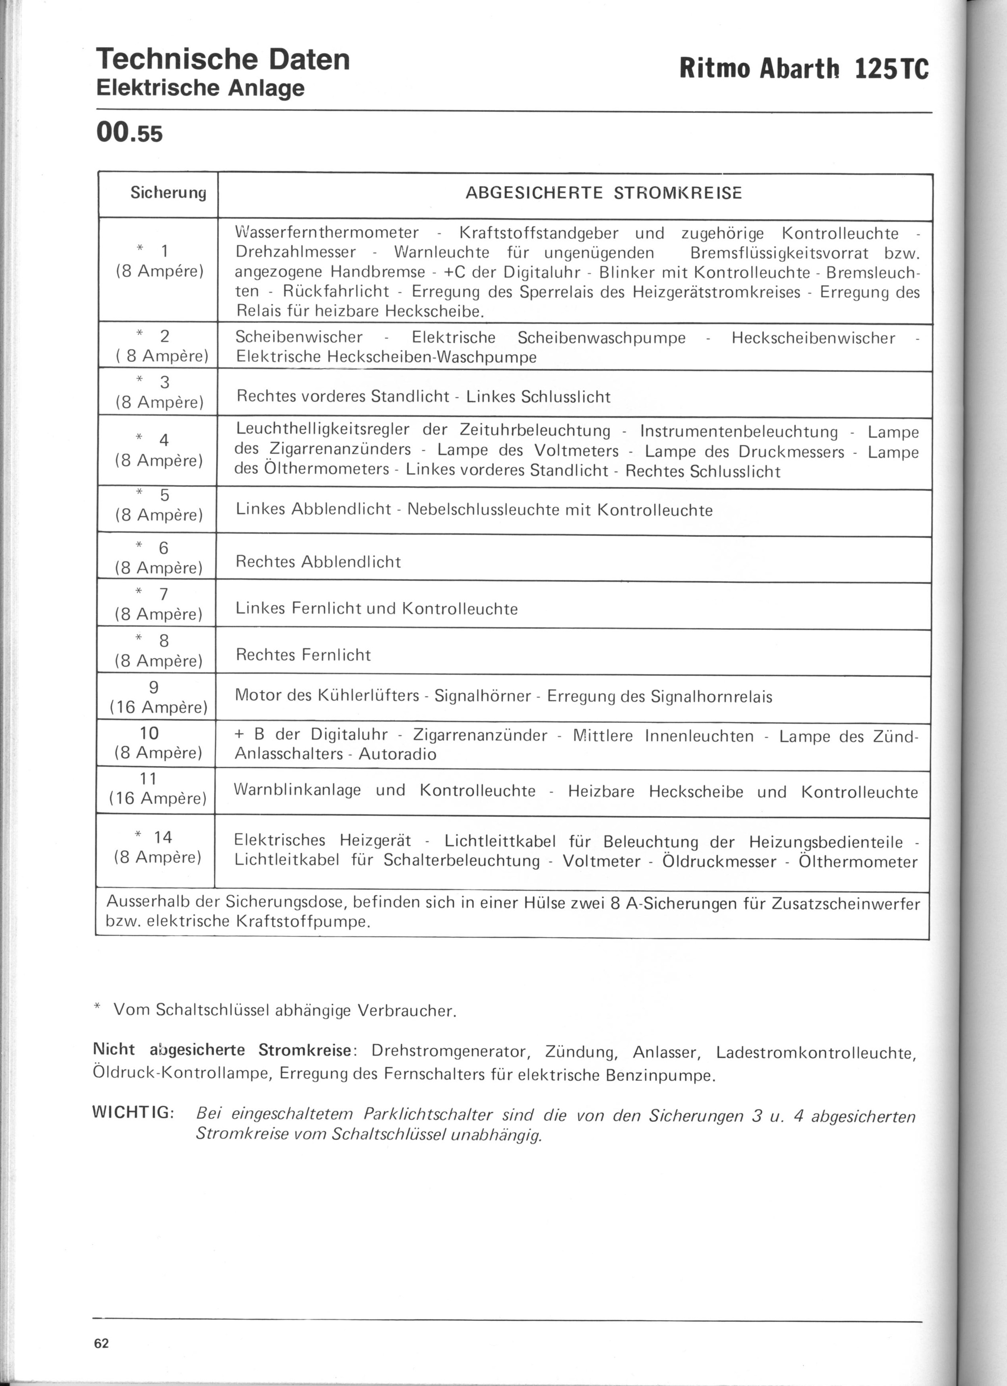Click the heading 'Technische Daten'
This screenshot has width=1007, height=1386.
(223, 59)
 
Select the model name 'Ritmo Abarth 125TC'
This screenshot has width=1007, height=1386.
(804, 68)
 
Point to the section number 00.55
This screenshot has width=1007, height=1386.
(130, 132)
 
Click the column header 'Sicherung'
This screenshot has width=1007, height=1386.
(168, 193)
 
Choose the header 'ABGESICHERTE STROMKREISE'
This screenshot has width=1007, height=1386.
(603, 193)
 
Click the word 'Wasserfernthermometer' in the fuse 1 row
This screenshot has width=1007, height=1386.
(327, 233)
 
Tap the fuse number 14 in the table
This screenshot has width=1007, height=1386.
(163, 837)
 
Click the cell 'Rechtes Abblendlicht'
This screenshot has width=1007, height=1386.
(318, 562)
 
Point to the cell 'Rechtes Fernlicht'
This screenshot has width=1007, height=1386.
(303, 655)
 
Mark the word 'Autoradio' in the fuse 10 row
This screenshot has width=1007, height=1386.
(398, 754)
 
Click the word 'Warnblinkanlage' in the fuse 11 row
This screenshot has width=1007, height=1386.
(297, 790)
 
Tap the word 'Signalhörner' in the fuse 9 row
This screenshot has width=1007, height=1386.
(483, 697)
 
